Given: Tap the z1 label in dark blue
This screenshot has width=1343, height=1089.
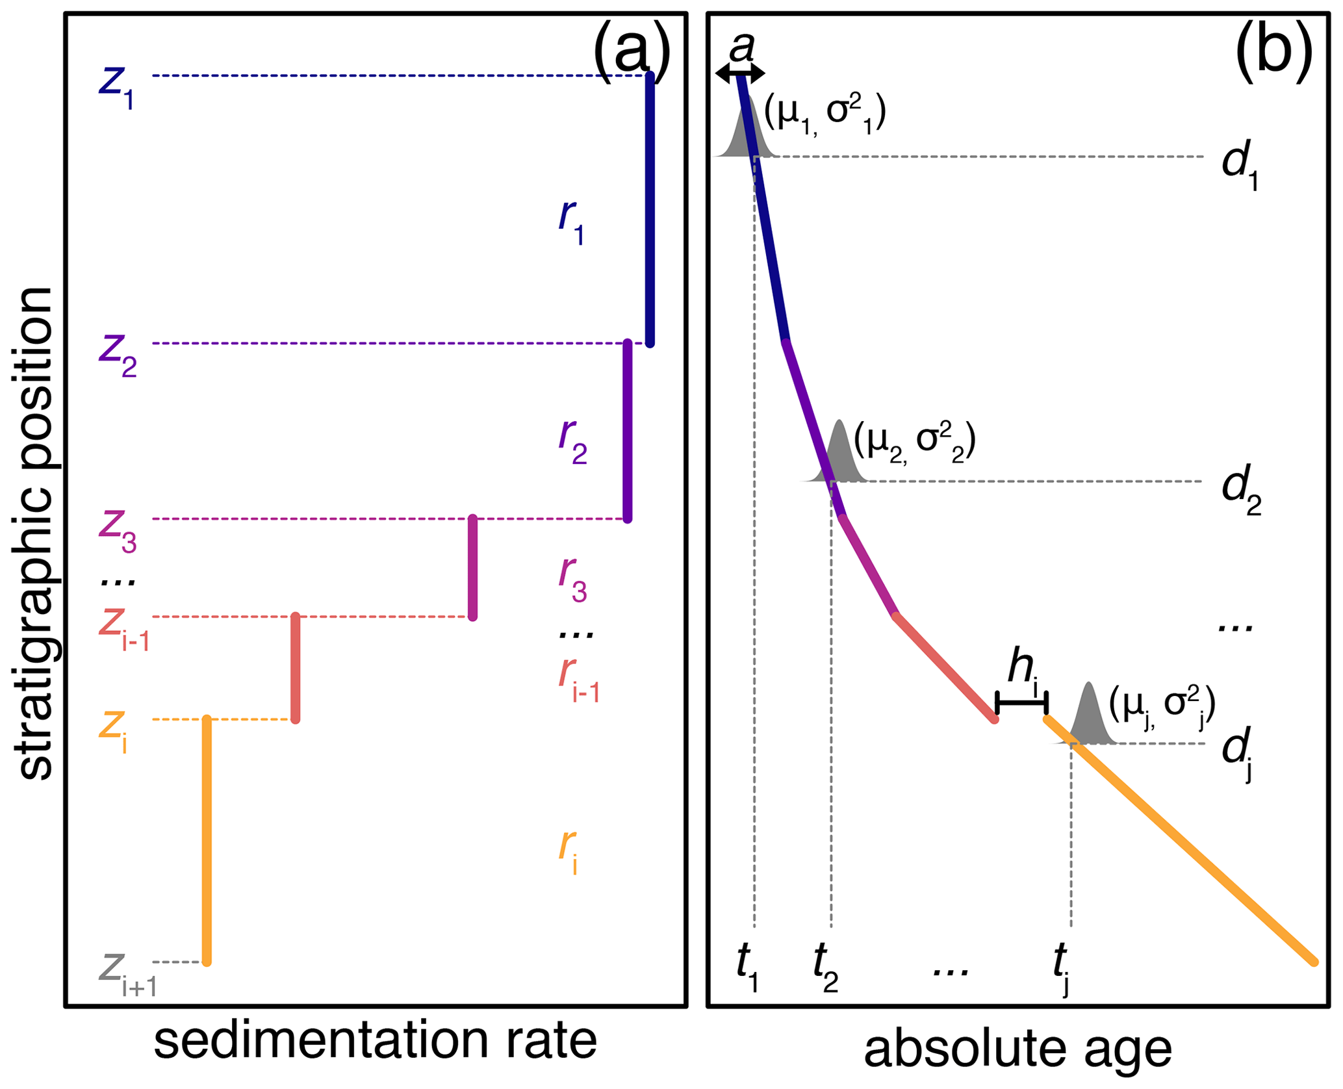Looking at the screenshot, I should [x=117, y=86].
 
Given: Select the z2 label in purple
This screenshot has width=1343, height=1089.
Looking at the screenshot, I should [x=118, y=355].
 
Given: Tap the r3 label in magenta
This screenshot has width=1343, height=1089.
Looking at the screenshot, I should [x=572, y=580].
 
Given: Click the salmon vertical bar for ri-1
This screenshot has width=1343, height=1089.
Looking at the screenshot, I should [x=296, y=667].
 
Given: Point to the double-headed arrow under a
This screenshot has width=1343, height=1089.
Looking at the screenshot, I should [x=740, y=74].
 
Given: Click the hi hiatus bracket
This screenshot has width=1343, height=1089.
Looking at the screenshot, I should [x=1021, y=702].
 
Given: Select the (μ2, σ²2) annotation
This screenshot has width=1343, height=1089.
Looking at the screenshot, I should [x=914, y=443].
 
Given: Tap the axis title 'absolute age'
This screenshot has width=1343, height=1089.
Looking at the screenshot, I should [x=1017, y=1051].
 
